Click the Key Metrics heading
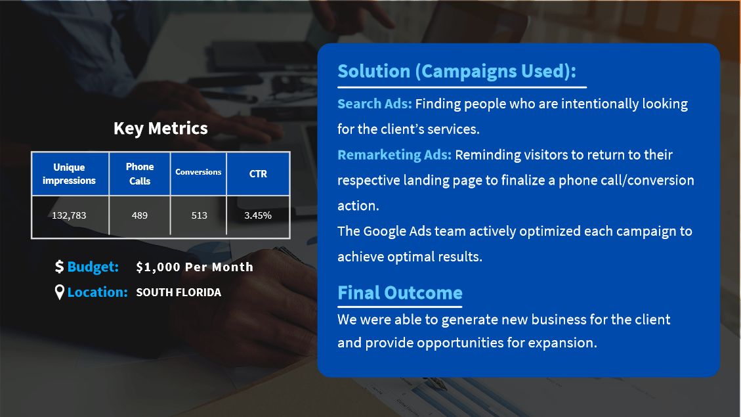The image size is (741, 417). [x=161, y=129]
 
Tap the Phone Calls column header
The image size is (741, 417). [x=139, y=173]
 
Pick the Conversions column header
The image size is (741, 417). [x=198, y=173]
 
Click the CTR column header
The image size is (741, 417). [x=258, y=173]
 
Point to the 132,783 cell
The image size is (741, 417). [x=69, y=215]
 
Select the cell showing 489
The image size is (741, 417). [x=139, y=215]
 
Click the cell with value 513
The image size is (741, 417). [x=199, y=215]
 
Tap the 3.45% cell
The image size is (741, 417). [x=258, y=215]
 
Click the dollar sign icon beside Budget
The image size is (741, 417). [x=59, y=267]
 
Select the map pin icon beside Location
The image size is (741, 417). [x=60, y=292]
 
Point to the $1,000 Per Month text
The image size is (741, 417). [x=195, y=267]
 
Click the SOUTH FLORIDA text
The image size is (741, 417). [x=179, y=292]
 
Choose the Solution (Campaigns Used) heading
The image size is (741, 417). [x=457, y=72]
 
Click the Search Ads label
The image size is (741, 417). [x=375, y=104]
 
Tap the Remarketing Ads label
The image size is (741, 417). [x=394, y=154]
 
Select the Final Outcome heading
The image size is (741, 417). [x=400, y=293]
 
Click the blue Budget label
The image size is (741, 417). [x=93, y=267]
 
